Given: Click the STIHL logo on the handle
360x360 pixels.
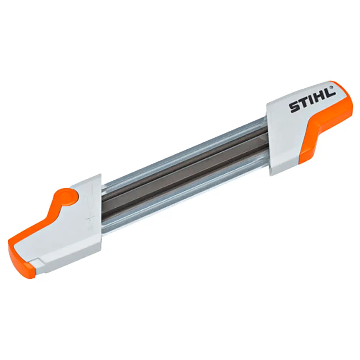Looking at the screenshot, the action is point(312,100).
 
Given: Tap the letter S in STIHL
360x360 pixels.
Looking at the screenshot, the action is point(294,107).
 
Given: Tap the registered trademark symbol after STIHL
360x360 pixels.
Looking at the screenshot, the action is point(331,87).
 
